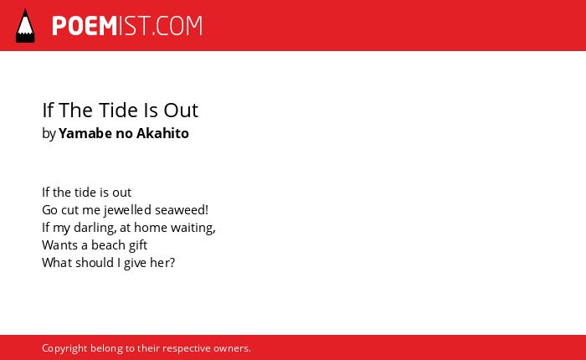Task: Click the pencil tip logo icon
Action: [x=25, y=26]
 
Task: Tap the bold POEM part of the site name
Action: [x=85, y=26]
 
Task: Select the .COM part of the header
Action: [x=177, y=26]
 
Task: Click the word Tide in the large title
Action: [x=120, y=110]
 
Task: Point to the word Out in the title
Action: [x=181, y=110]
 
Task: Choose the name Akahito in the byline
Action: [x=162, y=133]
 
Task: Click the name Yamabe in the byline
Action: [x=85, y=133]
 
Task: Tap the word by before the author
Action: [x=49, y=134]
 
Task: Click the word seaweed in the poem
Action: [x=179, y=210]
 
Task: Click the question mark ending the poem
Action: [x=172, y=262]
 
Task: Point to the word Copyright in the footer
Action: [x=64, y=349]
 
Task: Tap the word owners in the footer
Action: [x=230, y=348]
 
